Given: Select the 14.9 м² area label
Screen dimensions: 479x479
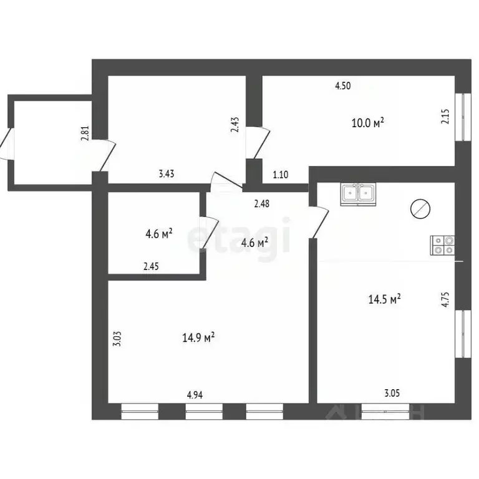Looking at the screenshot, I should pyautogui.click(x=199, y=337).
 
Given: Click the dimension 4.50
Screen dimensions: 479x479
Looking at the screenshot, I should pyautogui.click(x=342, y=87).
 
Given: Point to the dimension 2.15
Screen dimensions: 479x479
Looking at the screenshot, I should pyautogui.click(x=445, y=117).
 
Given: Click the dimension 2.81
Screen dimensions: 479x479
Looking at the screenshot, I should pyautogui.click(x=85, y=134).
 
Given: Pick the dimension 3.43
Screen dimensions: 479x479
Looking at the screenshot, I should pyautogui.click(x=166, y=174).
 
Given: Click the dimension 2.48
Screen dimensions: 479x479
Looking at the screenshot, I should pyautogui.click(x=261, y=203).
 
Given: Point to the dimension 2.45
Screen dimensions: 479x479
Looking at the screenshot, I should pyautogui.click(x=152, y=266).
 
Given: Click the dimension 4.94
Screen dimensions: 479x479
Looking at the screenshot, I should pyautogui.click(x=195, y=394).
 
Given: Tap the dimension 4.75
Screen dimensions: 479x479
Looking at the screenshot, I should pyautogui.click(x=445, y=301).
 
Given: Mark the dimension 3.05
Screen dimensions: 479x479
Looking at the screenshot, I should pyautogui.click(x=392, y=393).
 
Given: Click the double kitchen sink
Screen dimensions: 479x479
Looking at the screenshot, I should pyautogui.click(x=357, y=194).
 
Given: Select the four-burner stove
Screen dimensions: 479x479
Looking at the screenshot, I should pyautogui.click(x=443, y=245).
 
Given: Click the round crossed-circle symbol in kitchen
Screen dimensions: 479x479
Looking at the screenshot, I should pyautogui.click(x=420, y=209).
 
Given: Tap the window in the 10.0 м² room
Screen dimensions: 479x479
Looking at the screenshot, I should pyautogui.click(x=462, y=117).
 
